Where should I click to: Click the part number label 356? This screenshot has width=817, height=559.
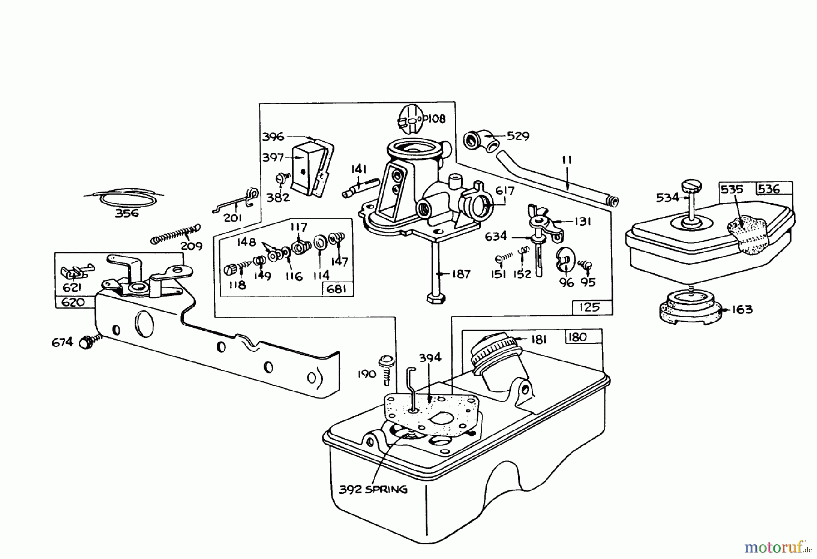(x=127, y=213)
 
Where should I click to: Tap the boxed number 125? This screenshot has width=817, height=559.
(x=589, y=307)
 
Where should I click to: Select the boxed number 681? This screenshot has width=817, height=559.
(x=337, y=289)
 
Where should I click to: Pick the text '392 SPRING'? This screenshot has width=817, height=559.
(x=373, y=490)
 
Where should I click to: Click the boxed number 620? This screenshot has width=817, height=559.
(x=73, y=302)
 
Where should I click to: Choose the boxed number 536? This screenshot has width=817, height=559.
(x=769, y=188)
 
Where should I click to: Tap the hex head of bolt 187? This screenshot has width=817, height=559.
(x=436, y=298)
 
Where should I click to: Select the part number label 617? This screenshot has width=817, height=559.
(x=505, y=191)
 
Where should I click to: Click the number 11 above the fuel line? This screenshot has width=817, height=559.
(x=566, y=160)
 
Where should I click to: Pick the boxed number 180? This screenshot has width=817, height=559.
(x=577, y=337)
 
